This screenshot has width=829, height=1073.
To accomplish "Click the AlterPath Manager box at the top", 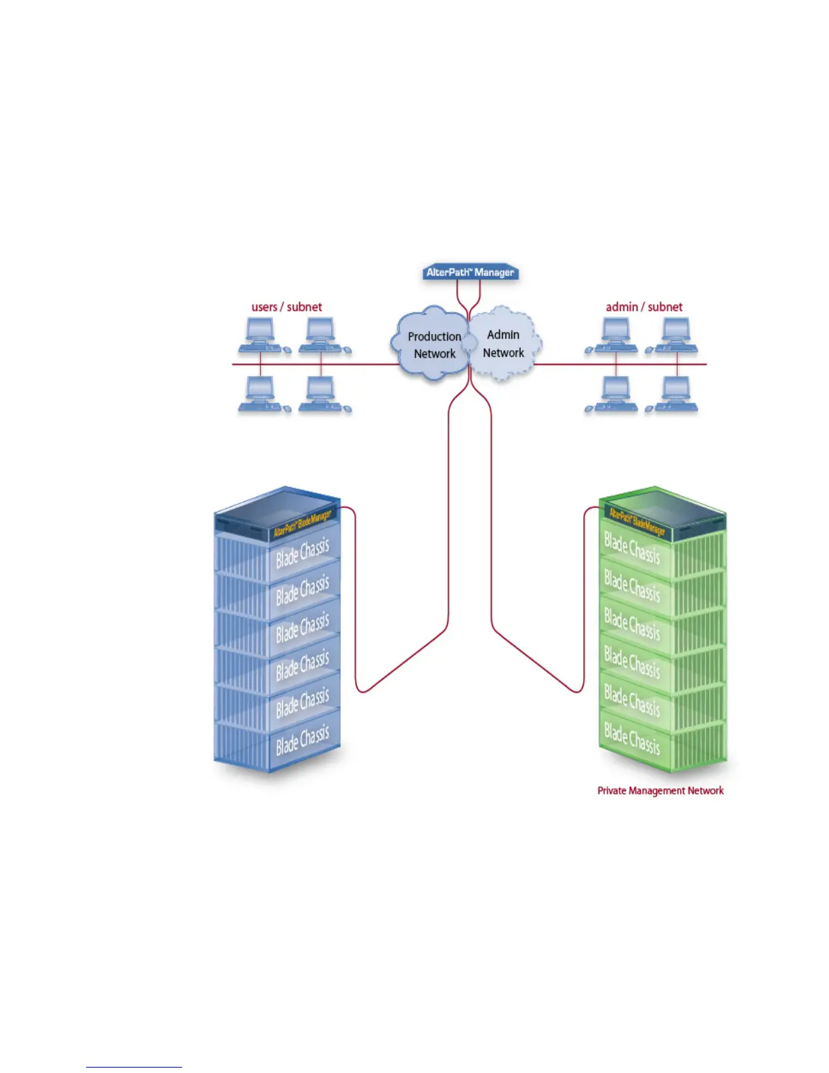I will point(470,272).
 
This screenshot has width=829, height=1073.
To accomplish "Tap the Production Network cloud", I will point(430,343).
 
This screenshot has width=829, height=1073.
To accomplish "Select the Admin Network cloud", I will point(505,343).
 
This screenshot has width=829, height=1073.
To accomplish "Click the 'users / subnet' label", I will point(286,307).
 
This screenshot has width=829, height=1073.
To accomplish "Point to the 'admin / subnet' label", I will point(643,307).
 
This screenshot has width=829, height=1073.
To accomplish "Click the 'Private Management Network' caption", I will point(660,791).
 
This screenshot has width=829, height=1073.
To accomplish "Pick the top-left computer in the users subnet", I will point(261,335).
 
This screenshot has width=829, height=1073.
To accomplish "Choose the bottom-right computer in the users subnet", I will point(322,394).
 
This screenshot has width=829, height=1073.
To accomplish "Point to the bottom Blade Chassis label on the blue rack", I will point(302,740).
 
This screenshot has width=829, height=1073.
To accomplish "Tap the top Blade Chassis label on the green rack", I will point(631,548).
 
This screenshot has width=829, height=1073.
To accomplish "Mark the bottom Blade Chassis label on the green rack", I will point(631,738).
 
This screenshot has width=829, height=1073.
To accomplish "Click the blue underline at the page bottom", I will point(133,1068).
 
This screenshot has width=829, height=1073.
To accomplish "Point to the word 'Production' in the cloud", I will point(434,337).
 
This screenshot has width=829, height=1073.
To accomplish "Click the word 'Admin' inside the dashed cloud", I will point(503,335).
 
